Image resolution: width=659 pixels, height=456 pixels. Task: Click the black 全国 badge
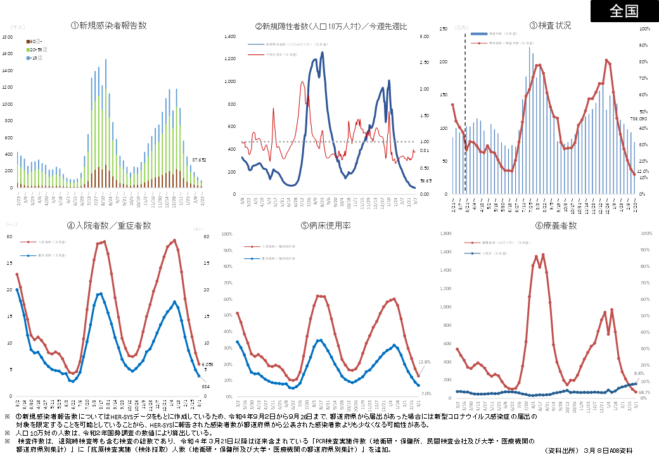624,11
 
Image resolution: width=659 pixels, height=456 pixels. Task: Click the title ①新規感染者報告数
109,25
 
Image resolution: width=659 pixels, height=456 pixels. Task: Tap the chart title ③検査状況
550,25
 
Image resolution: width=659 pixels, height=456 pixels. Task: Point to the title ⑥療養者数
555,225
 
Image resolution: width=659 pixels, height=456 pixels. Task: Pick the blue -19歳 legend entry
34,57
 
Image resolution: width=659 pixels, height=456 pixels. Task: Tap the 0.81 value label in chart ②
424,150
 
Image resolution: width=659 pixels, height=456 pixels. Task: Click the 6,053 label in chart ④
207,365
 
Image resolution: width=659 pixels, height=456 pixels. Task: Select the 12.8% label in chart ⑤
425,362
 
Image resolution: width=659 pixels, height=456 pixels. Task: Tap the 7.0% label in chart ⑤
426,393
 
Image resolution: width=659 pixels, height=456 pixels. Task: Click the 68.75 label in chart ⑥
644,393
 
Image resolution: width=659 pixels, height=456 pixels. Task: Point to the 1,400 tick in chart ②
229,37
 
